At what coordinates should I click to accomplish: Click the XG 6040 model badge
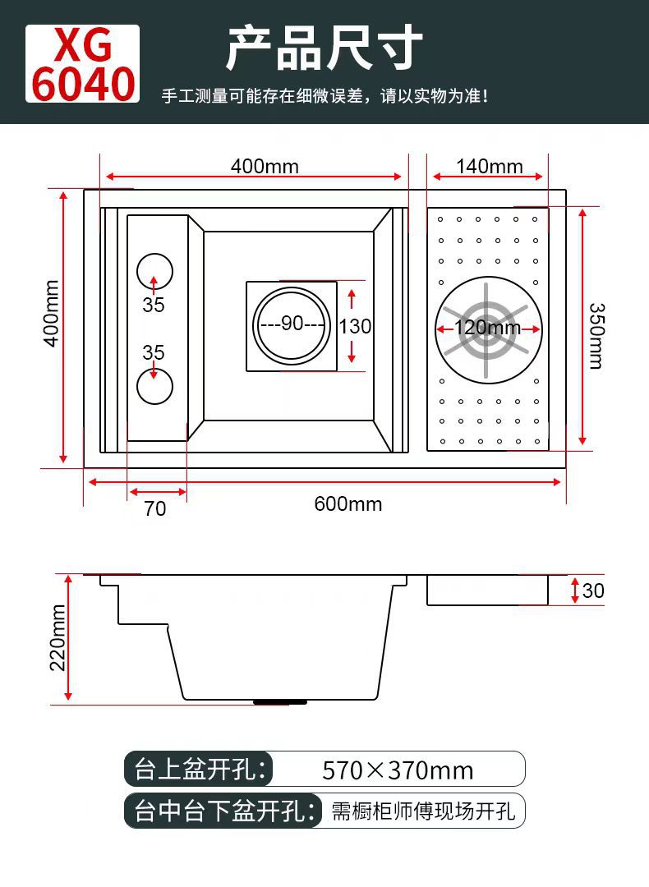point(82,64)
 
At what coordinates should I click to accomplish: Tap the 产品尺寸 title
point(324,48)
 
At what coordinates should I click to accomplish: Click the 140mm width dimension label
point(489,167)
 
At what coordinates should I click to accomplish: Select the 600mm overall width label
point(348,503)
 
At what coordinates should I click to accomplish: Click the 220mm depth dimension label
point(58,637)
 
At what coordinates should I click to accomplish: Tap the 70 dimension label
point(155,509)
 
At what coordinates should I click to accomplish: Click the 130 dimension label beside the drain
point(355,326)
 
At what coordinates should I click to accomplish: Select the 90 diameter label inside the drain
point(292,324)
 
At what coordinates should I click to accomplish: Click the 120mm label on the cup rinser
point(488,329)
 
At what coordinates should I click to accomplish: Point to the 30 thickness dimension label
point(593,591)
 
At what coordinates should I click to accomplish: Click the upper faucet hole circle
point(154,270)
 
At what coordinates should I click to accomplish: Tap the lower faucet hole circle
point(154,386)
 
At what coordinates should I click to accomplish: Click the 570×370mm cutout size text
point(398,770)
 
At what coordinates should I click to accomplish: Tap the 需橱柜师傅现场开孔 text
point(423,811)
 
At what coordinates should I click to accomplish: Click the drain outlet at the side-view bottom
point(280,701)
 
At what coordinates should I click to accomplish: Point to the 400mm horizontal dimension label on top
point(265,167)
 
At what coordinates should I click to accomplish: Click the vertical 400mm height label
point(52,325)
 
